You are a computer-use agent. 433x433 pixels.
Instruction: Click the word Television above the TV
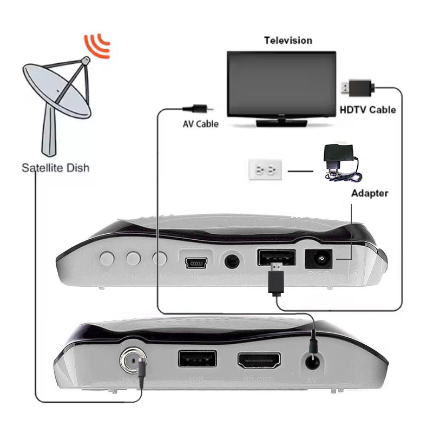[288, 41]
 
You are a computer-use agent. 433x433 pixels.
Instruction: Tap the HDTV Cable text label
[368, 110]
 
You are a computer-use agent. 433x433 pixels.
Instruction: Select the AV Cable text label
[200, 124]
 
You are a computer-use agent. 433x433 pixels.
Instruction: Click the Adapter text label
[370, 193]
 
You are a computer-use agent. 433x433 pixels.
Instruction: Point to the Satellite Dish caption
[55, 168]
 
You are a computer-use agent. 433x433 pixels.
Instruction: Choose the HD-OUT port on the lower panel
[259, 360]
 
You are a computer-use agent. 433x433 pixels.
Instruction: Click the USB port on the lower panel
[197, 360]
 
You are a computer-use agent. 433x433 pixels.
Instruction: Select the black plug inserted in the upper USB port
[276, 278]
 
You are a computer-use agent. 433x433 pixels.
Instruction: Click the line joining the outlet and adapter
[301, 172]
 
